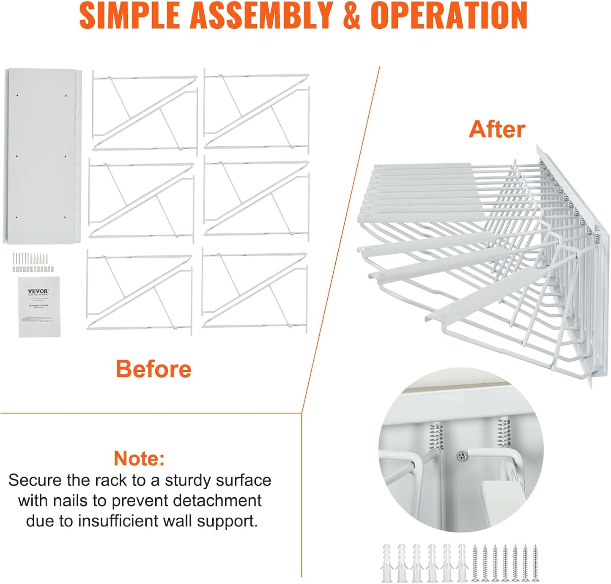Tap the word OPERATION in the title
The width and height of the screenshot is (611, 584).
(449, 16)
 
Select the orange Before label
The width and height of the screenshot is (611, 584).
(153, 369)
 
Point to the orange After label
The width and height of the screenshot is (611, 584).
(497, 129)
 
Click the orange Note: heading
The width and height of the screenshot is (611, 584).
(139, 458)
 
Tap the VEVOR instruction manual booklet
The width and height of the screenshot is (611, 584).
(39, 307)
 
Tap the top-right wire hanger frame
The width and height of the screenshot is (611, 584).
(257, 111)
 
